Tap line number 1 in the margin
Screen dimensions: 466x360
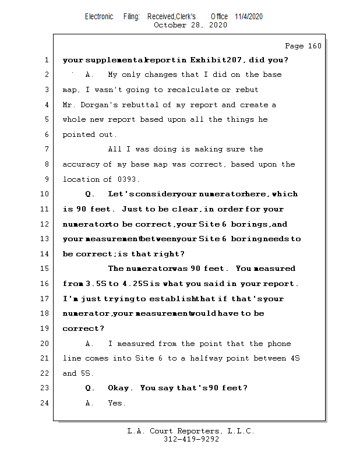[45, 60]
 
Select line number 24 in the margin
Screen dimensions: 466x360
[45, 403]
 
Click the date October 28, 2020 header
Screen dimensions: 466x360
[190, 25]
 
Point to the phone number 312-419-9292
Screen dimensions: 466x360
[191, 439]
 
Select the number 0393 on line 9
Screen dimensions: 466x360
[130, 179]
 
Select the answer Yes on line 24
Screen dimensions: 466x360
[116, 403]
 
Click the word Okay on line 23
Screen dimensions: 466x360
[121, 388]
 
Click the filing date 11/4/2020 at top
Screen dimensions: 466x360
[249, 16]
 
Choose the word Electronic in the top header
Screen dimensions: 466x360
[99, 16]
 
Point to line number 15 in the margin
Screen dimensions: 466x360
[45, 269]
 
